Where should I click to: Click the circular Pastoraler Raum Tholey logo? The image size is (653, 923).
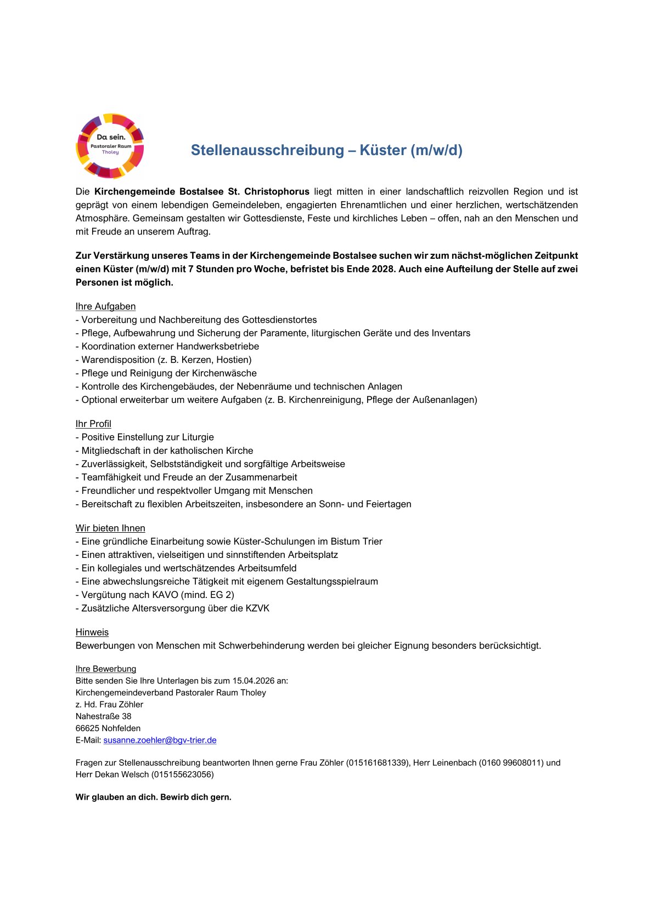coord(110,146)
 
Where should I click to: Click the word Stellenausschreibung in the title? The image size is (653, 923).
coord(267,150)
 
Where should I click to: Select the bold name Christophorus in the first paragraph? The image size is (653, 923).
coord(277,192)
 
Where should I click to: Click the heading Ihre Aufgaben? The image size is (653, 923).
coord(105,306)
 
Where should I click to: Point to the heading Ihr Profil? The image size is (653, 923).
coord(93,424)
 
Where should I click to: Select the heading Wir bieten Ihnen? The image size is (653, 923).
coord(110,528)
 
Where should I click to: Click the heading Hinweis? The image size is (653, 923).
coord(92,632)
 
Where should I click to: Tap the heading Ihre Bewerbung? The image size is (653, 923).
coord(106,669)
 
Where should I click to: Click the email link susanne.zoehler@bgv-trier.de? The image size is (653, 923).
coord(160,740)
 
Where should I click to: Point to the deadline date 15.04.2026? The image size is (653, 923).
coord(253,681)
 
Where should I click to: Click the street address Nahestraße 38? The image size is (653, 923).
coord(103,716)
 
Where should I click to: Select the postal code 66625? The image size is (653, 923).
coord(87,728)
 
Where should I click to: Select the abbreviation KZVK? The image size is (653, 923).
coord(257,608)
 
